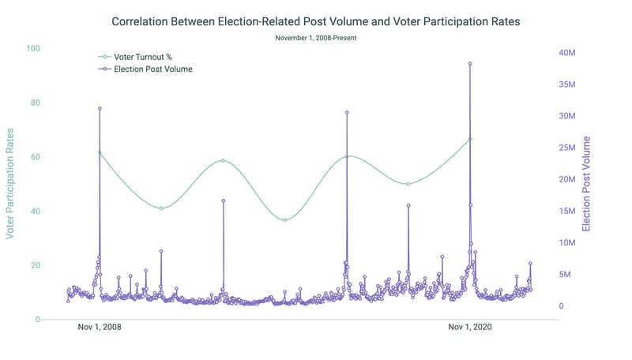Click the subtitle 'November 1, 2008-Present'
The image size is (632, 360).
316,38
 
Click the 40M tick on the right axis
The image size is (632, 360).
567,53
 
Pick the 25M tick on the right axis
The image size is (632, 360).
567,148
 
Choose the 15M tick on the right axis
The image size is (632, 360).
567,211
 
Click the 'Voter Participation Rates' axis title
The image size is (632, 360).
10,184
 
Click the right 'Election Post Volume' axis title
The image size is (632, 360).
586,184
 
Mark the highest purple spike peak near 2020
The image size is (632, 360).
470,64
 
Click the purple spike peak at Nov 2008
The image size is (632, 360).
100,108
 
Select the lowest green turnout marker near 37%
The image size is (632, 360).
284,219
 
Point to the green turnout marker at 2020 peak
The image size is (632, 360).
470,139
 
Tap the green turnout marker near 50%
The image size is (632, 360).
408,184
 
